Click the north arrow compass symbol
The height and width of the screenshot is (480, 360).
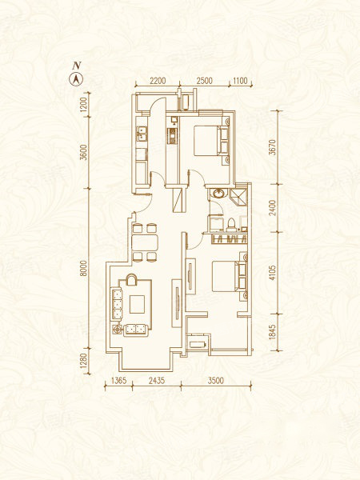(x=77, y=79)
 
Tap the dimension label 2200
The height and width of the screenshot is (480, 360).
(x=158, y=81)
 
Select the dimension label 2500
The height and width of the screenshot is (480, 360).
(x=205, y=81)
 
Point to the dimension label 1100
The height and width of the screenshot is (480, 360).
(x=240, y=81)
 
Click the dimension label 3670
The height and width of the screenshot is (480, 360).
(x=273, y=147)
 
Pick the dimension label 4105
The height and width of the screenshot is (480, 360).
(x=273, y=273)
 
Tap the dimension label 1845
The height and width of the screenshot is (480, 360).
(x=273, y=332)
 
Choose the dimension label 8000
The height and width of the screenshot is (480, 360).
(x=84, y=269)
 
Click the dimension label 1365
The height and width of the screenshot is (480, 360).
(x=118, y=381)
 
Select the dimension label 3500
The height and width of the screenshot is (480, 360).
(x=216, y=381)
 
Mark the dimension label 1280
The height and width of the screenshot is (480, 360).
(x=84, y=361)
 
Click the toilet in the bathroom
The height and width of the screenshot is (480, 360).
(x=231, y=224)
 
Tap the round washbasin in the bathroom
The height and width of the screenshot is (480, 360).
(x=218, y=194)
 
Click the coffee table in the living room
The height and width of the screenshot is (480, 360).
(x=137, y=304)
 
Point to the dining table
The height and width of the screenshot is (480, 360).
(x=145, y=243)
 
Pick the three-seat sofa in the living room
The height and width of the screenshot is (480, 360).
(x=117, y=304)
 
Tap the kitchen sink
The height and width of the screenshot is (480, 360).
(x=142, y=134)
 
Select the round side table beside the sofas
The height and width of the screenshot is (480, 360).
(x=117, y=330)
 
